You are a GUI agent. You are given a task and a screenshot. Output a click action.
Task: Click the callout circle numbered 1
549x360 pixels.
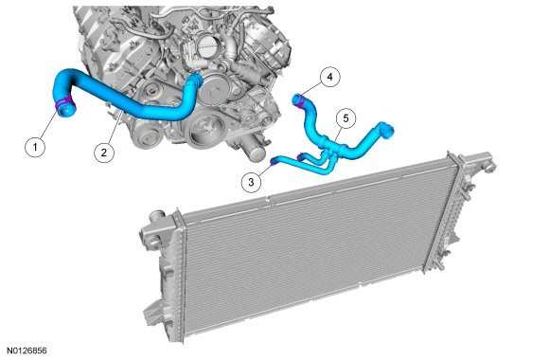click(x=35, y=147)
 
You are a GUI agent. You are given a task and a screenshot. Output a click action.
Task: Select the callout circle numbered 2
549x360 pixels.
click(x=104, y=153)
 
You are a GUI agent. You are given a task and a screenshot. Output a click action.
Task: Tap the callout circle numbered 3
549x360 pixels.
click(x=252, y=182)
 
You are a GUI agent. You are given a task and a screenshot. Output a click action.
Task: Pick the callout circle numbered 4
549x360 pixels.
click(x=329, y=77)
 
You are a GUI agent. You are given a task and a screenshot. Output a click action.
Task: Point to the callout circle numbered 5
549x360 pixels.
click(x=345, y=118)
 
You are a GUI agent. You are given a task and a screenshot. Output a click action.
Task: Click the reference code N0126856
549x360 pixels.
click(x=27, y=351)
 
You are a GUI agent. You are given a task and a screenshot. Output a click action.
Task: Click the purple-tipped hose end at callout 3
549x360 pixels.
click(x=274, y=161)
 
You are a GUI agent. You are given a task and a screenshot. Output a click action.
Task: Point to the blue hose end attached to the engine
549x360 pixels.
click(x=195, y=79)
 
